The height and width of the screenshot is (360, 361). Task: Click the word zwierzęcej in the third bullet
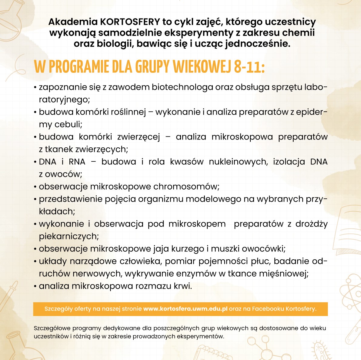[x=139, y=137]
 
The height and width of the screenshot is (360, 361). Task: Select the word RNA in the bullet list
[x=77, y=162]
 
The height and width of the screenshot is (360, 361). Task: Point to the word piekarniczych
[x=69, y=236]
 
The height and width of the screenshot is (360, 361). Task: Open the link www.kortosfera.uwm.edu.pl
[x=185, y=309]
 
